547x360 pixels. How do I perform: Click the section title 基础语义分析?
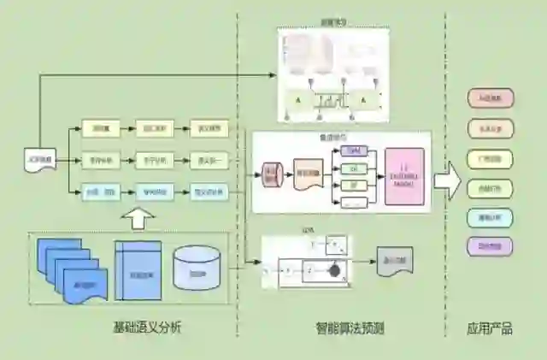click(147, 328)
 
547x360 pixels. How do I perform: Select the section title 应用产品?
click(490, 328)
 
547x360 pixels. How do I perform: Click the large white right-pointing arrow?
click(447, 181)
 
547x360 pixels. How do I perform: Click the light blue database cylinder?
click(197, 268)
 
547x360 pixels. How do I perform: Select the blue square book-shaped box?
click(138, 270)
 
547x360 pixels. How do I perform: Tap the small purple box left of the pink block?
click(352, 150)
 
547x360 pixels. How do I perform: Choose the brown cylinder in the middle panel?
click(271, 174)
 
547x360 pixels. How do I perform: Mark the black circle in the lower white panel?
click(335, 270)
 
